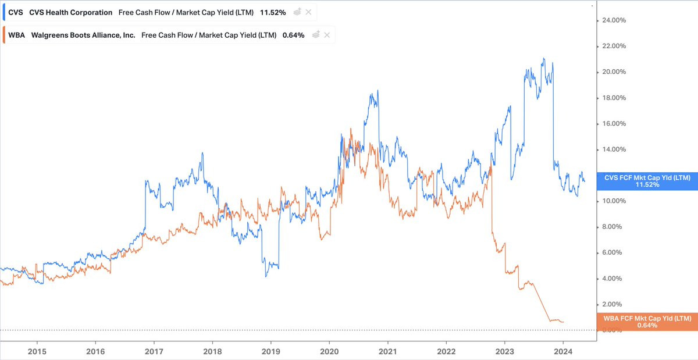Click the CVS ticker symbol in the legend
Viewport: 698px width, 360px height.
click(x=16, y=12)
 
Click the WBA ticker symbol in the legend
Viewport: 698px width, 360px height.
click(x=16, y=35)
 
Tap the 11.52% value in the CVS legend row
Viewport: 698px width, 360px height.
click(x=273, y=12)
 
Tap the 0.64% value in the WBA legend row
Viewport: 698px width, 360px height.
click(x=294, y=35)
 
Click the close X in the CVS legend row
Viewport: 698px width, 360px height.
click(x=308, y=12)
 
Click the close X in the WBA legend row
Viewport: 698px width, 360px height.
click(x=327, y=35)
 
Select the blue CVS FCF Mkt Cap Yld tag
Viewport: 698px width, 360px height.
click(x=647, y=181)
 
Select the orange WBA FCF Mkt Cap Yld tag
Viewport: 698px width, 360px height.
click(x=647, y=322)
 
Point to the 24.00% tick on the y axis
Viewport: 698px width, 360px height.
click(x=614, y=20)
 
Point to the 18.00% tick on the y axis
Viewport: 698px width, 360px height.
click(x=614, y=98)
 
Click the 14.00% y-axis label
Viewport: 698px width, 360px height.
click(x=614, y=149)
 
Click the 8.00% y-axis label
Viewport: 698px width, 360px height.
click(x=612, y=227)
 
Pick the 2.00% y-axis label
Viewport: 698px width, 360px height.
click(x=612, y=304)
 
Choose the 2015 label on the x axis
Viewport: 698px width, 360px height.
click(x=37, y=352)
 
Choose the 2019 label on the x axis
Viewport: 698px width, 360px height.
click(x=271, y=352)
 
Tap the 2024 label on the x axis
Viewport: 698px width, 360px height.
click(x=563, y=352)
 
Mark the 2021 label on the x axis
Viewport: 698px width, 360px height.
click(x=387, y=352)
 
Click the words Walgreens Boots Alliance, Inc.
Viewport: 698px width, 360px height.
click(x=83, y=35)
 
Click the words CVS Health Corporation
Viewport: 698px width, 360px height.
click(x=71, y=12)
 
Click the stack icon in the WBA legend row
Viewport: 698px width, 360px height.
click(x=316, y=34)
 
